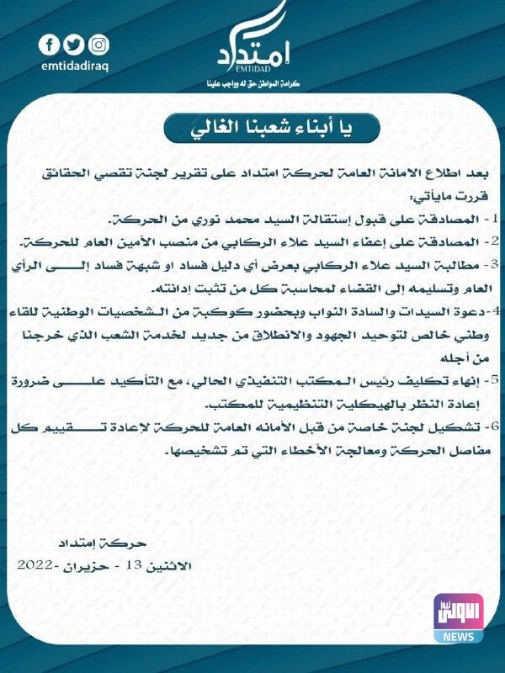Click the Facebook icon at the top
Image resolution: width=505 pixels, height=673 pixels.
coord(50,45)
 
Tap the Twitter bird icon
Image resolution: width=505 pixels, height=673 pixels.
coord(75,45)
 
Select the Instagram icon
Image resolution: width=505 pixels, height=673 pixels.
coord(99,45)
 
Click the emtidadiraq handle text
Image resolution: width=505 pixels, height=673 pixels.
coord(75,66)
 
